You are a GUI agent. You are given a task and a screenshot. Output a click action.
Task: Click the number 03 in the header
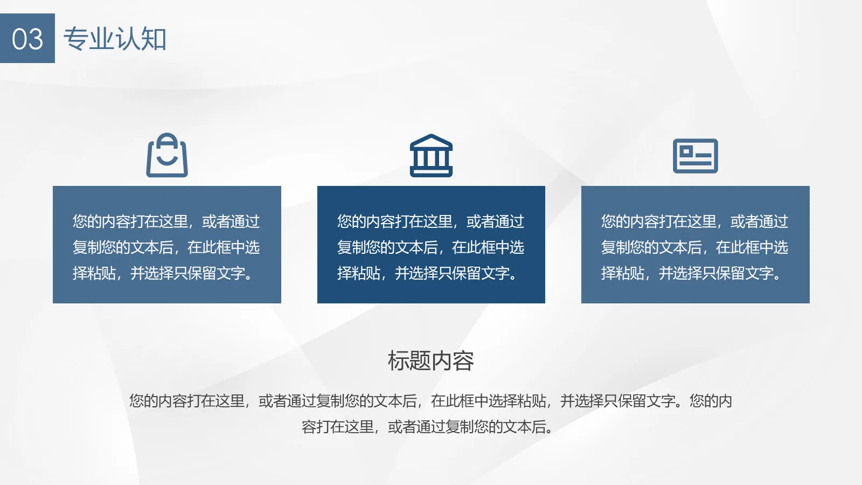point(27,39)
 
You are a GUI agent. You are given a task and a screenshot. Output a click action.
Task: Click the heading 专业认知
point(115,39)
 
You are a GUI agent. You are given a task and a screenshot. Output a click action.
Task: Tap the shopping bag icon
point(167,156)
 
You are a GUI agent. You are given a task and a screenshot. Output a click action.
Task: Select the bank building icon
point(431,156)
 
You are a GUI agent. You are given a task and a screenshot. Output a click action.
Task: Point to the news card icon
point(695,156)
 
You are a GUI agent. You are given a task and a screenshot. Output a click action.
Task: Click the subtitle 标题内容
point(430,361)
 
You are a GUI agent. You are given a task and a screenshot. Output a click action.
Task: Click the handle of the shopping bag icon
point(167,139)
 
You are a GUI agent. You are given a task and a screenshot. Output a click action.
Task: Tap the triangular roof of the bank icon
point(431,142)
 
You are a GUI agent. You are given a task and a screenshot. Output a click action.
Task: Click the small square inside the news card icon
point(686,151)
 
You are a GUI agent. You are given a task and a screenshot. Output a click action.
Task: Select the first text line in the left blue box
point(166,221)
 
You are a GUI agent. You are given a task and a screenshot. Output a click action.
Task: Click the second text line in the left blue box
point(166,247)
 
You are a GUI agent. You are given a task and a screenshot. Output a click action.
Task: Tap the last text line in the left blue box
point(162,273)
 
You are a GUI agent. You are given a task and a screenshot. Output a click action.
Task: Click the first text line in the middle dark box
point(430,221)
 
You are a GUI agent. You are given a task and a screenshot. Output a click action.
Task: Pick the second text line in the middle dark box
point(430,247)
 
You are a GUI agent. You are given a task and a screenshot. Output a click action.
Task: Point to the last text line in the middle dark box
point(426,273)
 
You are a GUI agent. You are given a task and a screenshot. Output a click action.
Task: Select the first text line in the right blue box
point(694,221)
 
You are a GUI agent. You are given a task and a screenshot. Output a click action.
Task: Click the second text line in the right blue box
point(694,247)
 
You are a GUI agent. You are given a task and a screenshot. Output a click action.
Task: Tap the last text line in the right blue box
point(690,273)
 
